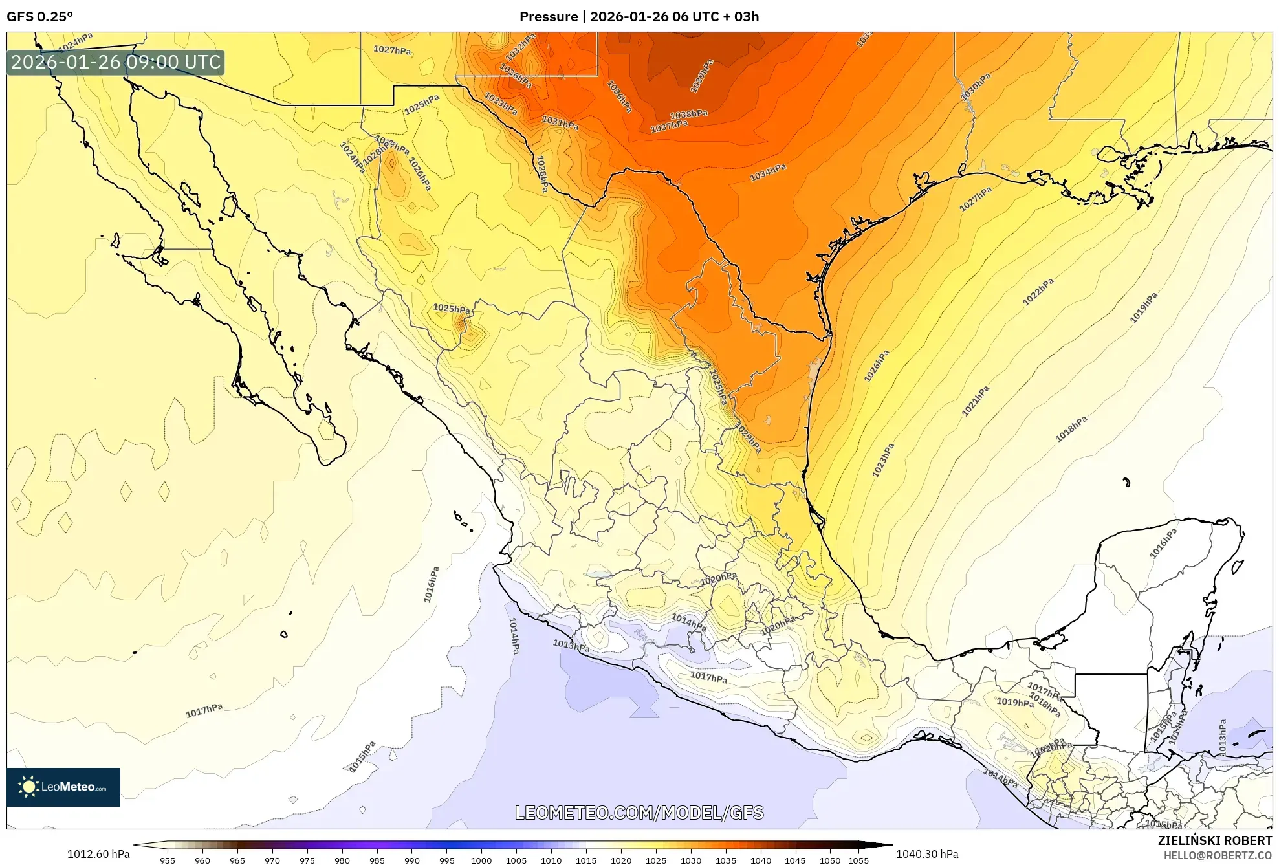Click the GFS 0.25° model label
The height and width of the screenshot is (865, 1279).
click(x=39, y=17)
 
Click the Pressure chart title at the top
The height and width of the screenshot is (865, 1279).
click(x=639, y=17)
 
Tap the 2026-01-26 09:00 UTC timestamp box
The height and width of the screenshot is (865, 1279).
click(x=116, y=63)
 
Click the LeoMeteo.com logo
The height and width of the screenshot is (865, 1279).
click(x=63, y=787)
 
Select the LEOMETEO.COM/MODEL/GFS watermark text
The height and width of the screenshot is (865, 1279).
click(x=639, y=813)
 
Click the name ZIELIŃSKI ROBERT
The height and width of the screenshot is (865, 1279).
click(x=1214, y=840)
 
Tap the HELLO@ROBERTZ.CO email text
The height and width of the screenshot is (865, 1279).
click(x=1217, y=855)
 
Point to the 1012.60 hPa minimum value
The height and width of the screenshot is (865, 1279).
click(x=98, y=854)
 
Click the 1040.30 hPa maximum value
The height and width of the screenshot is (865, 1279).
click(x=926, y=854)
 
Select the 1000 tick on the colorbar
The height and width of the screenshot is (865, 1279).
click(x=481, y=860)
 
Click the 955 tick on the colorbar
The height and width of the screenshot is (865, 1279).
click(x=168, y=860)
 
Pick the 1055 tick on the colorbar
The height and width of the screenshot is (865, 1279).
click(x=858, y=860)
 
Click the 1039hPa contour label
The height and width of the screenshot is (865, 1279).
click(x=701, y=75)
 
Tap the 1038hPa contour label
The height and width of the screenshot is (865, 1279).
click(x=688, y=115)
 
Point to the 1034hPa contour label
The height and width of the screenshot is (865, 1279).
click(x=768, y=173)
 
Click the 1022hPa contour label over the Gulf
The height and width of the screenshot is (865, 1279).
click(x=1038, y=291)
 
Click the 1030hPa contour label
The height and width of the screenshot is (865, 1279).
click(x=975, y=87)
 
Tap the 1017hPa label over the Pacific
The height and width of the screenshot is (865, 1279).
click(x=204, y=710)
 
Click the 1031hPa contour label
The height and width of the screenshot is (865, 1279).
click(x=560, y=122)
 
